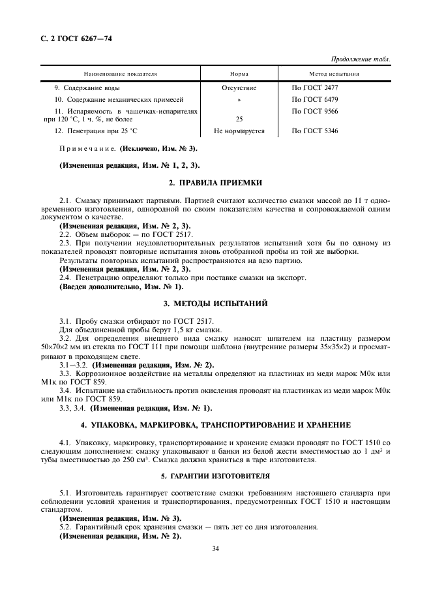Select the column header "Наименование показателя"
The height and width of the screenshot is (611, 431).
point(120,74)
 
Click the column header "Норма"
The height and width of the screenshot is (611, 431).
point(239,74)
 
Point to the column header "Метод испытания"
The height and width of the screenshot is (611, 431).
point(334,74)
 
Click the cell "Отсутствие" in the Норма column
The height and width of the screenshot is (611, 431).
point(239,87)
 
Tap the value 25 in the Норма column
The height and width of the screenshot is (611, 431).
point(239,119)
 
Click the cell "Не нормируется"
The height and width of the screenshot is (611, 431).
point(239,131)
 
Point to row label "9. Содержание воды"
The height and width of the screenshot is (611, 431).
point(87,87)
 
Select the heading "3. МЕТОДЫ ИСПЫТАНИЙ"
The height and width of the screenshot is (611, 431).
point(215,304)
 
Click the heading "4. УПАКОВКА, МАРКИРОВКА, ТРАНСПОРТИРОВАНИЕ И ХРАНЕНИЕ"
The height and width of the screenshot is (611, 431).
point(215,424)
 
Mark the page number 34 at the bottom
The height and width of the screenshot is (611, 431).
point(215,549)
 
